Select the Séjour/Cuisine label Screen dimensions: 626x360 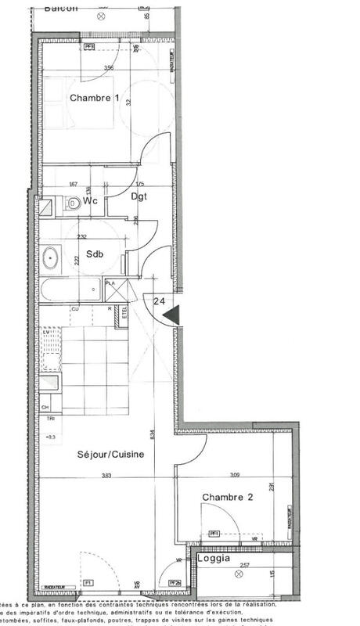[x=110, y=454]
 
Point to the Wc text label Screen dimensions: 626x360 [x=91, y=201]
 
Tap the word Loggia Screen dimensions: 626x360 [x=214, y=559]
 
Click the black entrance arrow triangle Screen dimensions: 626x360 [x=172, y=315]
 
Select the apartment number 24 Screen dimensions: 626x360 [x=160, y=300]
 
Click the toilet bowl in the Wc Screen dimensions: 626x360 [x=73, y=203]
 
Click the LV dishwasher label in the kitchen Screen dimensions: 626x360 [x=45, y=332]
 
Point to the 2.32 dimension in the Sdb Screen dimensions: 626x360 [x=82, y=236]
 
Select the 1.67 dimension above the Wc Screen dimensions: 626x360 [x=73, y=185]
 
